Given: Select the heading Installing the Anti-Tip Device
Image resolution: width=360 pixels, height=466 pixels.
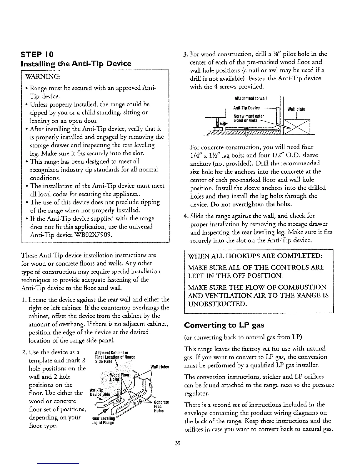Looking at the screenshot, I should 76,64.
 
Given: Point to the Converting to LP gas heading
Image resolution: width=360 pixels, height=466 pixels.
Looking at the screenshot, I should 224,325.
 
